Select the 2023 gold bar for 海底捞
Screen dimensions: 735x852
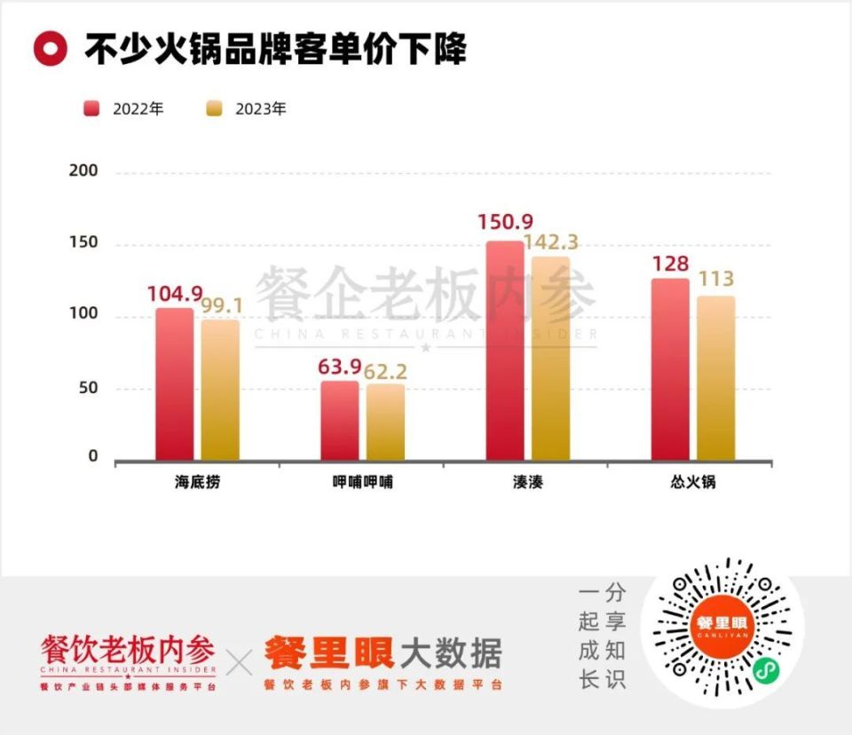220,390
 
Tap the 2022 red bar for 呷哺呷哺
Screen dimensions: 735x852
340,421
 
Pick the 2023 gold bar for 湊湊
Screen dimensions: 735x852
551,359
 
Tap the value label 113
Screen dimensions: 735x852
715,280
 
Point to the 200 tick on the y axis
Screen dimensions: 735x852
83,171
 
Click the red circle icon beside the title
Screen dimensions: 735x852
51,49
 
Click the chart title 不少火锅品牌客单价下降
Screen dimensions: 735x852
276,49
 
